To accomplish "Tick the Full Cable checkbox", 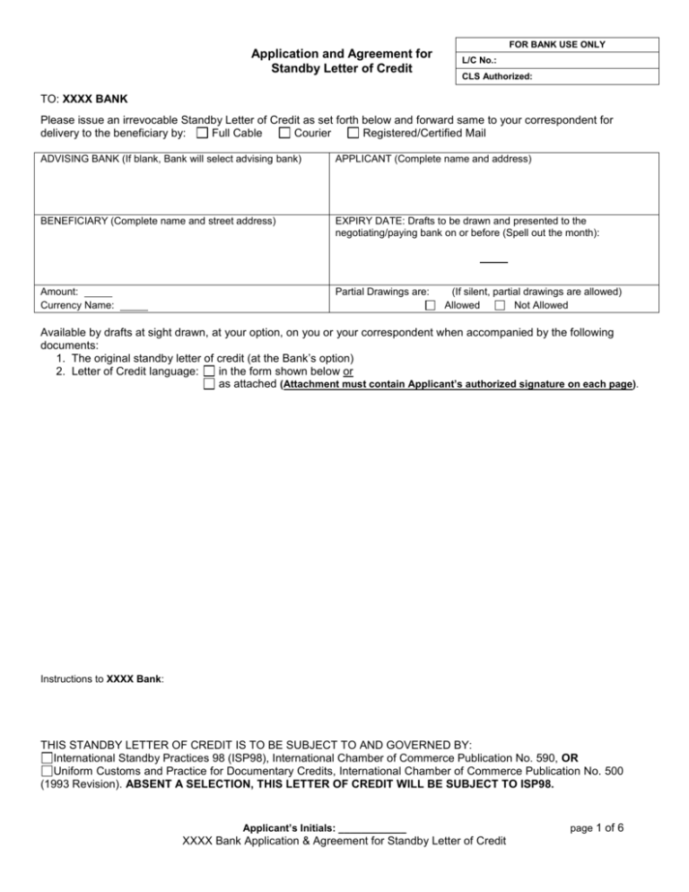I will click(202, 135).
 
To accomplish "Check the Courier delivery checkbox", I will click(284, 135).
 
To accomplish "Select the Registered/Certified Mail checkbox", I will click(353, 135).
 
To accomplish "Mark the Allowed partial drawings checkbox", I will click(431, 306).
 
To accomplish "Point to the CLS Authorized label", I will click(497, 77).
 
